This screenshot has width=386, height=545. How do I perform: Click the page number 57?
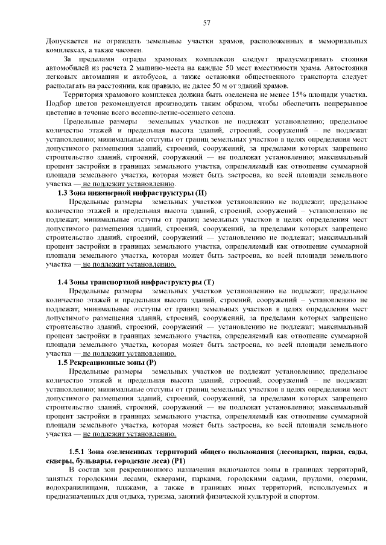(x=206, y=23)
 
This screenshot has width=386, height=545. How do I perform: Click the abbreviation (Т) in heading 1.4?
(x=209, y=282)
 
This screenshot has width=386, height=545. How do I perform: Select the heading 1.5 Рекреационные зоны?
(x=107, y=363)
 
